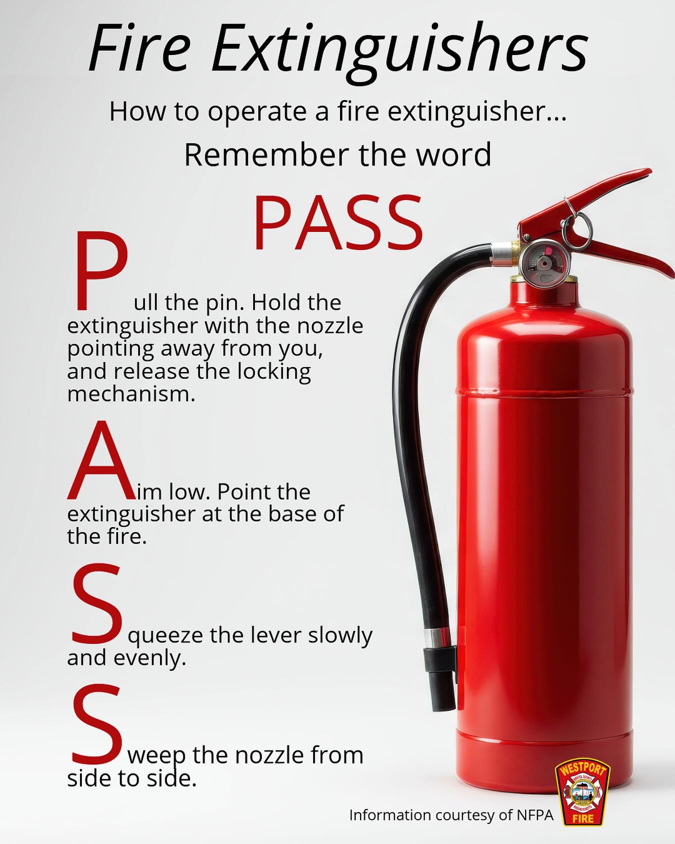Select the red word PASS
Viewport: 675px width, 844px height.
coord(338,223)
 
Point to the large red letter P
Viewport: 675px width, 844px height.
coord(99,269)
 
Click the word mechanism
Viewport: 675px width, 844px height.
coord(131,394)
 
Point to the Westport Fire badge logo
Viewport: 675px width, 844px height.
coord(582,793)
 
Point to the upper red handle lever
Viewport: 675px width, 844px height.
coord(585,200)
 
